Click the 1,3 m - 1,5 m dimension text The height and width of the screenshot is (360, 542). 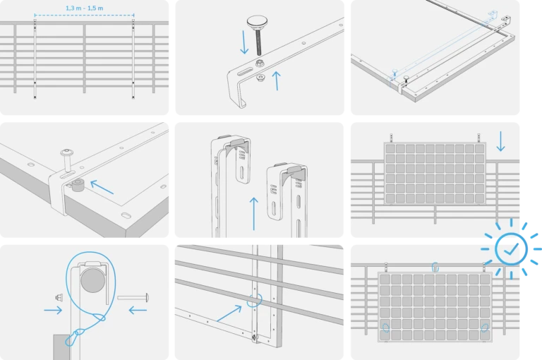click(85, 8)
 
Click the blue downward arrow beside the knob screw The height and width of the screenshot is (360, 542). click(244, 42)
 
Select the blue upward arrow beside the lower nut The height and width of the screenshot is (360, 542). click(277, 80)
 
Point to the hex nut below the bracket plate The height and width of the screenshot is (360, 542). click(260, 78)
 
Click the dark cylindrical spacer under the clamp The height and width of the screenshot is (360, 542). click(78, 185)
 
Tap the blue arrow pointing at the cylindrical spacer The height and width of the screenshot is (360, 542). click(102, 187)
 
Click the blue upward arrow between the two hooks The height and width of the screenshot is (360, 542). click(254, 213)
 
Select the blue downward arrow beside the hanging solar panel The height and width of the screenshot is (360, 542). click(500, 141)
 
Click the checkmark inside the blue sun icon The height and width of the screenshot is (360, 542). click(512, 248)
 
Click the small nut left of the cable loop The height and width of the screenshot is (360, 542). click(59, 297)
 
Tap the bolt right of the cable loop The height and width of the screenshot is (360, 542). click(133, 297)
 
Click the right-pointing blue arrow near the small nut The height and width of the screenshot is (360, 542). click(53, 310)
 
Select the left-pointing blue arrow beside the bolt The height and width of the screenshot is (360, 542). click(138, 310)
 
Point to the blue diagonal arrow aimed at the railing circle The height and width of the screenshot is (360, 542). click(229, 313)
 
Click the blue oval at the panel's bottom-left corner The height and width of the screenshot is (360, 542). click(386, 327)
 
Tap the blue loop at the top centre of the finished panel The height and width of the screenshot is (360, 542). click(435, 267)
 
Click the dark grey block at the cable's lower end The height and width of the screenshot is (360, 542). click(62, 347)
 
